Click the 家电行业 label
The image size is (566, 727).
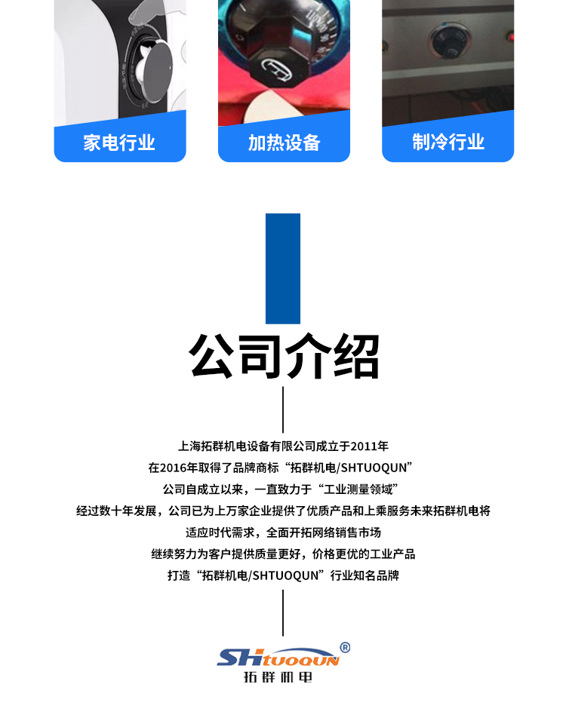click(x=119, y=143)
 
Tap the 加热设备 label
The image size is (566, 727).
click(x=284, y=143)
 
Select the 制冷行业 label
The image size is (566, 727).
click(x=448, y=142)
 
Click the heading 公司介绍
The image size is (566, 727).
click(x=284, y=355)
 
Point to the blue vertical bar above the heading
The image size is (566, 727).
click(x=283, y=268)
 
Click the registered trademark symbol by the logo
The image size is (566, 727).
click(x=345, y=647)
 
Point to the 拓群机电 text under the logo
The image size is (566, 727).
click(x=278, y=676)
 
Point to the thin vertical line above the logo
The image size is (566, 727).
click(x=283, y=612)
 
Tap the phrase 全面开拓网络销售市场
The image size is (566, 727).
click(x=334, y=532)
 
